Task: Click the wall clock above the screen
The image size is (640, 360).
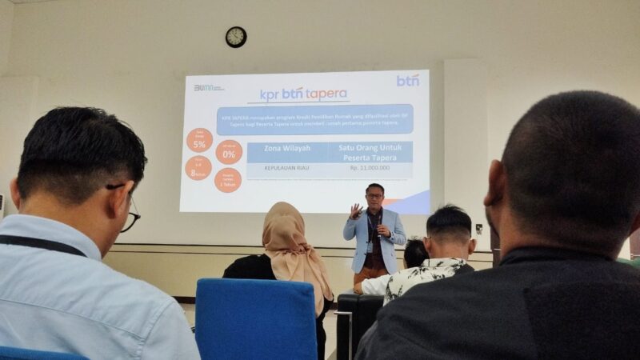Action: click(236, 37)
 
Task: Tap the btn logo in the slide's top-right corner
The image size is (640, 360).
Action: click(407, 80)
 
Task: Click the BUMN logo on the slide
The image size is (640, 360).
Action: click(209, 87)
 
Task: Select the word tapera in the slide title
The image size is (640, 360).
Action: click(327, 94)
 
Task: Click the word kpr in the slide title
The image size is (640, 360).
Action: click(269, 95)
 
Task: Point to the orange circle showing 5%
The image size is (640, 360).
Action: click(199, 141)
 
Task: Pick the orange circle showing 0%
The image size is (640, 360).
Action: click(229, 152)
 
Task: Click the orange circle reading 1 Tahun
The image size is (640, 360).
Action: click(227, 179)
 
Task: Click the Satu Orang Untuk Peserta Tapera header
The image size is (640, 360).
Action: click(370, 152)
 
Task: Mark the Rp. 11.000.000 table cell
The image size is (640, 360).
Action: click(370, 169)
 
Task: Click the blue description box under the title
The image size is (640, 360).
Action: click(314, 119)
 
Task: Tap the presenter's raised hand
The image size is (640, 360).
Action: click(356, 211)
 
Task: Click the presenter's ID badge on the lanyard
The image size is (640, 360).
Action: click(374, 241)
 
